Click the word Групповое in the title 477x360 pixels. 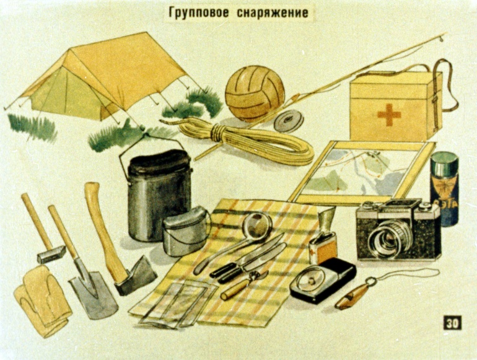pyautogui.click(x=198, y=13)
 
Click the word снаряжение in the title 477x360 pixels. pyautogui.click(x=273, y=13)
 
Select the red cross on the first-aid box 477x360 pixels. pyautogui.click(x=389, y=115)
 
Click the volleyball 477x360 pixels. pyautogui.click(x=255, y=94)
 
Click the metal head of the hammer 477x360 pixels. pyautogui.click(x=51, y=255)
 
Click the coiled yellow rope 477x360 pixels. pyautogui.click(x=247, y=140)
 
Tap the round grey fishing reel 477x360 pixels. pyautogui.click(x=289, y=121)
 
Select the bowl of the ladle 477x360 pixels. pyautogui.click(x=256, y=224)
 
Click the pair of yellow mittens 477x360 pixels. pyautogui.click(x=42, y=301)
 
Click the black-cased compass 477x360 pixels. pyautogui.click(x=323, y=280)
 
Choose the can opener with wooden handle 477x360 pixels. pyautogui.click(x=243, y=285)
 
